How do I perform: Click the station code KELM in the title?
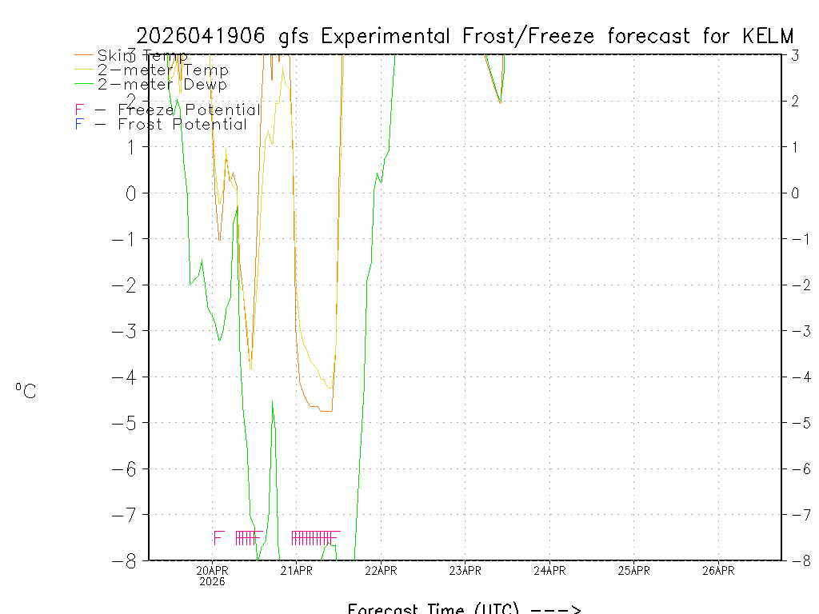[768, 36]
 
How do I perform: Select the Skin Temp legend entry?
[142, 56]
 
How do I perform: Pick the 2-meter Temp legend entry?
[162, 70]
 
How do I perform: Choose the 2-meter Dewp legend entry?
[162, 85]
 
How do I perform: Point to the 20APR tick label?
[213, 570]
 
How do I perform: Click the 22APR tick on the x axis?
[381, 570]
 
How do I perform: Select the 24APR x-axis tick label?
[549, 570]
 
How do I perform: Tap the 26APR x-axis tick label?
[718, 570]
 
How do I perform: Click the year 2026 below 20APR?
[213, 581]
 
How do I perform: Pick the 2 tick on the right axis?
[795, 101]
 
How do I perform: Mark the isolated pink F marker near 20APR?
[218, 538]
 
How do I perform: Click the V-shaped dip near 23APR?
[500, 102]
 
